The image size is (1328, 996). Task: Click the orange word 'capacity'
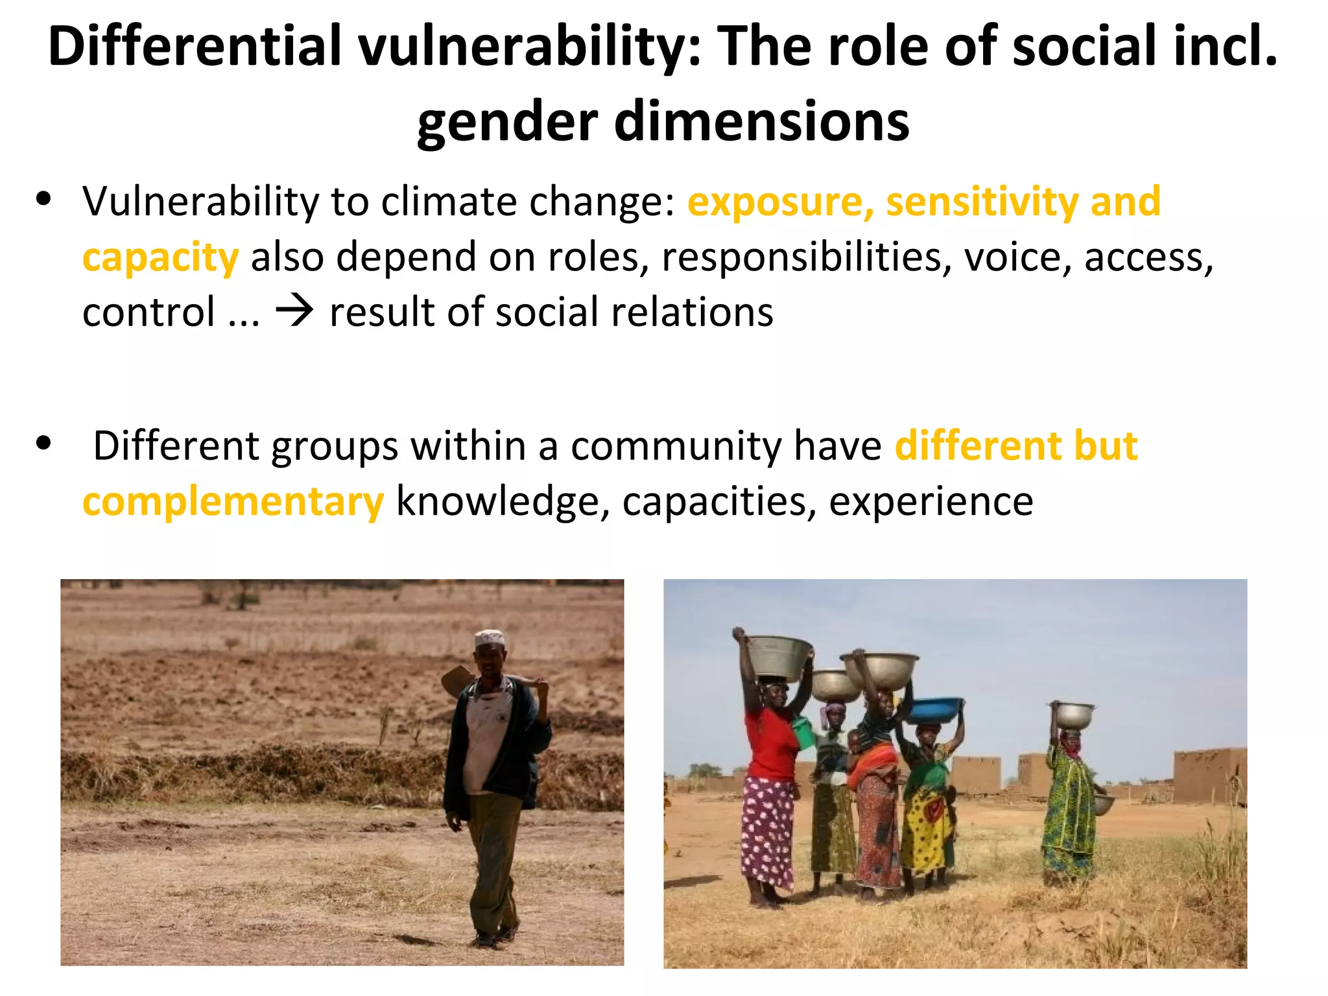point(161,258)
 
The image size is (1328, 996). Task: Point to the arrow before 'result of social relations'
point(294,312)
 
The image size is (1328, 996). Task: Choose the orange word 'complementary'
point(233,502)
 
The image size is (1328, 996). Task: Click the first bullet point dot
point(44,198)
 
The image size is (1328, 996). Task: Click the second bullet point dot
point(44,444)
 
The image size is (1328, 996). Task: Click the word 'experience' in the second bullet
point(931,502)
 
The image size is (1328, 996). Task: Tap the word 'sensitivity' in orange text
point(982,202)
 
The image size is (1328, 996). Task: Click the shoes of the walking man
point(496,937)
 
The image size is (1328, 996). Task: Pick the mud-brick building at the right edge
point(1210,775)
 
